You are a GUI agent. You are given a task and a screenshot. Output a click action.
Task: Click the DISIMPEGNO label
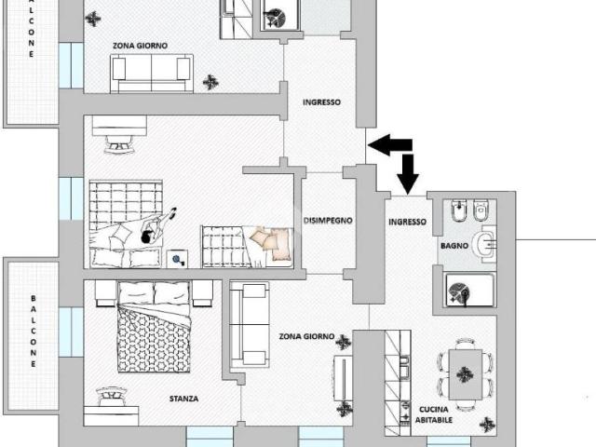pyautogui.click(x=328, y=221)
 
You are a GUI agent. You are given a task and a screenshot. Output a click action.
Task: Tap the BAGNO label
pyautogui.click(x=454, y=246)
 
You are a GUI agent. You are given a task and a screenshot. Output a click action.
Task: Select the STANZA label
pyautogui.click(x=183, y=399)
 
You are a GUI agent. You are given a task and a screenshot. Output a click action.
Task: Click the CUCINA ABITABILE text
pyautogui.click(x=434, y=414)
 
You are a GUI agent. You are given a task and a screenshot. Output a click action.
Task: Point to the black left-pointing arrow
pyautogui.click(x=390, y=145)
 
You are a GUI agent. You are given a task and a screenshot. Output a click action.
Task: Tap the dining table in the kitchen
pyautogui.click(x=466, y=374)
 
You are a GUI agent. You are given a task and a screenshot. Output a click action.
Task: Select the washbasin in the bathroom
pyautogui.click(x=484, y=244)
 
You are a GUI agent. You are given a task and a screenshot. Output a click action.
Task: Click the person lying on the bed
pyautogui.click(x=156, y=227)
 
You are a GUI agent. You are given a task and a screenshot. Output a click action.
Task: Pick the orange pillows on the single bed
pyautogui.click(x=271, y=243)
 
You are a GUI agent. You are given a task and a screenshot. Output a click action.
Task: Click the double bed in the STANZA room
pyautogui.click(x=154, y=327)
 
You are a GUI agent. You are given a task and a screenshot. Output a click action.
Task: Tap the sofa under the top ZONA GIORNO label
pyautogui.click(x=152, y=74)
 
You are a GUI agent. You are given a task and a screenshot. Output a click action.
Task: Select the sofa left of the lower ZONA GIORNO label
pyautogui.click(x=250, y=325)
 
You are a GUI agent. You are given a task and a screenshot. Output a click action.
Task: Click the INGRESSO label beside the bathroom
pyautogui.click(x=408, y=222)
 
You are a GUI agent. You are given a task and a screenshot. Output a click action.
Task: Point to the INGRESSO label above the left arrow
pyautogui.click(x=321, y=102)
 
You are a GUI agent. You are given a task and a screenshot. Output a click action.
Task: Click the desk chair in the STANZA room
pyautogui.click(x=111, y=396)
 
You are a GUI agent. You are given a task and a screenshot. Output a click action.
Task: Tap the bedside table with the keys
pyautogui.click(x=177, y=259)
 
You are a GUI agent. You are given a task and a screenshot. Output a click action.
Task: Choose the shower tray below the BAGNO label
pyautogui.click(x=469, y=290)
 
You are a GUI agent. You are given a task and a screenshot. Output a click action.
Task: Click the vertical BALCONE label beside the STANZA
pyautogui.click(x=34, y=331)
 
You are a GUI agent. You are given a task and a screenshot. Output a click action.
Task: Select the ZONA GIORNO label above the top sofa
pyautogui.click(x=140, y=46)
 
